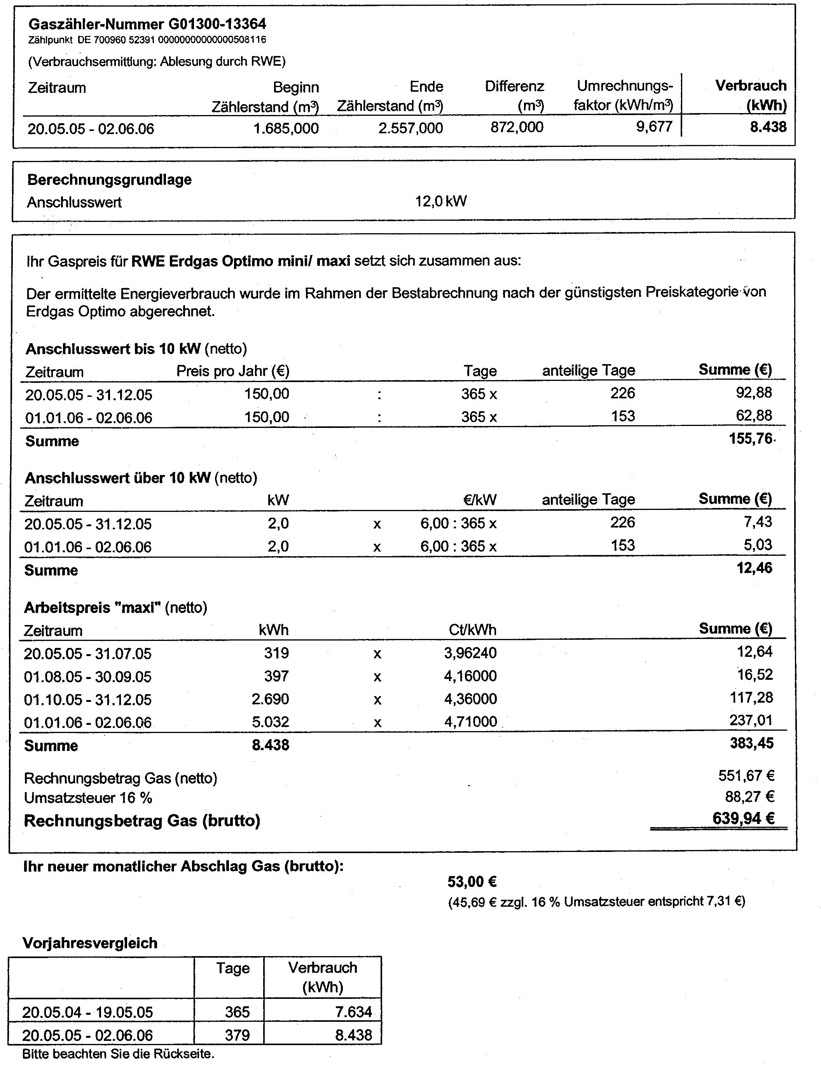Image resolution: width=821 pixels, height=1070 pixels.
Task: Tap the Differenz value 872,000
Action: (x=517, y=127)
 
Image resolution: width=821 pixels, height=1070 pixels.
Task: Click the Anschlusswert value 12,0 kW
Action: (x=441, y=201)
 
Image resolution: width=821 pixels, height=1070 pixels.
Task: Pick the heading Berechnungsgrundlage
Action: (x=110, y=180)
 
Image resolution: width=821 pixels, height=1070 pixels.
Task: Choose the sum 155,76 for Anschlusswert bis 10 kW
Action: (x=750, y=439)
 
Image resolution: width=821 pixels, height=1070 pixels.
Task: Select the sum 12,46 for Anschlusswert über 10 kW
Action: (x=755, y=568)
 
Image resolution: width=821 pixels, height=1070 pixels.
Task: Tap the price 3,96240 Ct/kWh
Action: (x=470, y=653)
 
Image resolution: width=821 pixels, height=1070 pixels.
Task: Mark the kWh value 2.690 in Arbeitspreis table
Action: (x=270, y=699)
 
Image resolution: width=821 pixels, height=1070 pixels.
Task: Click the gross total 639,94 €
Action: (x=743, y=819)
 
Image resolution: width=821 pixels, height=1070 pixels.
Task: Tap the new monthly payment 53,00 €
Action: (x=472, y=882)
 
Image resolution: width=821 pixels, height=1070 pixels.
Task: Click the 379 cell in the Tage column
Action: (x=237, y=1035)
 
